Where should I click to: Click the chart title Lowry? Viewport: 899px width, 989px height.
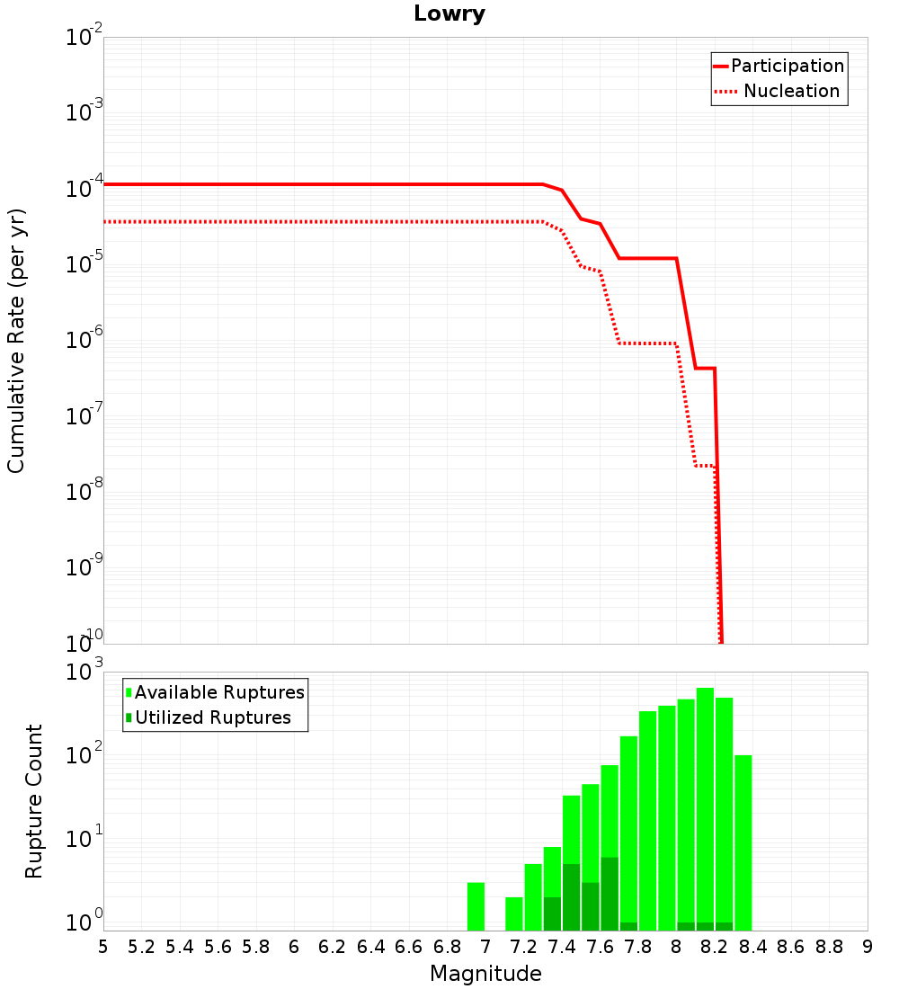click(449, 13)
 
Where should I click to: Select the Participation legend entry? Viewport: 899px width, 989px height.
click(779, 66)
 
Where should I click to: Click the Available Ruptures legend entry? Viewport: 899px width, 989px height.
click(215, 692)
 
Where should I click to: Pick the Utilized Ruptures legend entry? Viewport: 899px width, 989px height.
click(209, 717)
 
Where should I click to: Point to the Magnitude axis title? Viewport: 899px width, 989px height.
click(485, 974)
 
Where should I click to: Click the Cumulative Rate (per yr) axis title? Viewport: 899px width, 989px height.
click(16, 341)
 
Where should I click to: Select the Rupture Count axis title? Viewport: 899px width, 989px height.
click(33, 801)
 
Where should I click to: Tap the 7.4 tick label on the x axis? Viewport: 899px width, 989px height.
click(562, 948)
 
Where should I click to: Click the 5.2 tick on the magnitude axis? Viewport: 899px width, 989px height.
click(141, 948)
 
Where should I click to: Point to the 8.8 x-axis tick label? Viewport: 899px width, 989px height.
click(829, 948)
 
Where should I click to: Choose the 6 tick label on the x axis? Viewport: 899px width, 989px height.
click(294, 948)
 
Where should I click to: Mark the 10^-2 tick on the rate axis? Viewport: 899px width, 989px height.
click(84, 36)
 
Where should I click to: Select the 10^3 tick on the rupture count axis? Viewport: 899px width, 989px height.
click(84, 671)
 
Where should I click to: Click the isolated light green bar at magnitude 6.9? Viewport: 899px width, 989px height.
click(476, 906)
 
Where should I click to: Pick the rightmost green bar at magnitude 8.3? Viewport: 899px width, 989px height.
click(743, 842)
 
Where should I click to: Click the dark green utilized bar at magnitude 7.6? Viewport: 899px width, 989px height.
click(610, 894)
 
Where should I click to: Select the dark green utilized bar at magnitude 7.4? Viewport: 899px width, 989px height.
click(571, 897)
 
